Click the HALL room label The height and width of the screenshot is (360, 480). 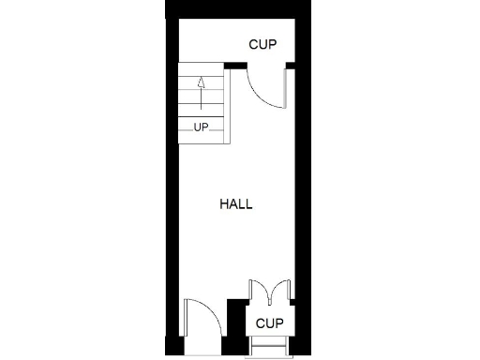236,203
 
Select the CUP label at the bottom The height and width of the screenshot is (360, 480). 269,323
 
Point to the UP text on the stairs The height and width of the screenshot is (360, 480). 201,127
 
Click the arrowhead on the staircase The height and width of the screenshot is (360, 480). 201,82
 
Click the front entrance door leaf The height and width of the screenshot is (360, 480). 186,327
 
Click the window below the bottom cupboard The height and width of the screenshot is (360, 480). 270,350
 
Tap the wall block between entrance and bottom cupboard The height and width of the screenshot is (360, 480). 235,328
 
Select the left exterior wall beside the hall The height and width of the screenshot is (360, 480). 172,187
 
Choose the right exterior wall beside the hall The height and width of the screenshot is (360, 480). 303,187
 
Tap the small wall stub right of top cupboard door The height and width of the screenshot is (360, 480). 291,65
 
